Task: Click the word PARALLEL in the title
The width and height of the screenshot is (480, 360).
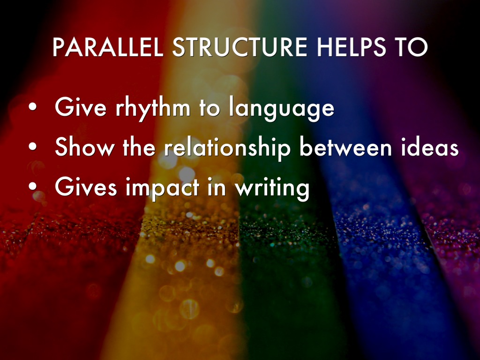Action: [108, 47]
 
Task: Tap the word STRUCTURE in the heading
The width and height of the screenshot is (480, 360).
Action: [240, 47]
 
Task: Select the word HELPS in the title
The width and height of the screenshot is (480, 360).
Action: [352, 47]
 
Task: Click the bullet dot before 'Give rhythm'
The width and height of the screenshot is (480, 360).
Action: [32, 107]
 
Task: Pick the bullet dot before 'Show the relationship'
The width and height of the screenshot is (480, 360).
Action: [32, 147]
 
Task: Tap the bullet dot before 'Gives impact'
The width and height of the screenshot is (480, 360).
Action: [32, 186]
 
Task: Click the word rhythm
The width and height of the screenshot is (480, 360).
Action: [153, 108]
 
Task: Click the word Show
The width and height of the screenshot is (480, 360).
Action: [84, 146]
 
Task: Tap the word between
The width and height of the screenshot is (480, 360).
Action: [345, 146]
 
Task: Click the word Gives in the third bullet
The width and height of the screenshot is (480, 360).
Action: [86, 186]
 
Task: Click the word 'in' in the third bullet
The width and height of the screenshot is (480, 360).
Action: [217, 186]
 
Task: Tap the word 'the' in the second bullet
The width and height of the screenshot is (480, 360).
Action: [139, 146]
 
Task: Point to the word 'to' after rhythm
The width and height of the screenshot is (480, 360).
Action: [210, 108]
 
